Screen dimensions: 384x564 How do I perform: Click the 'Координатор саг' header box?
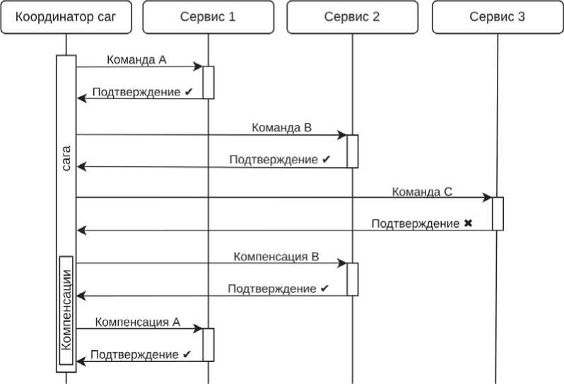click(x=66, y=17)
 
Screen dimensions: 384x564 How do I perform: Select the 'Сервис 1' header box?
click(x=208, y=17)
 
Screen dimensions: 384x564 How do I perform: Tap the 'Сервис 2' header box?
click(x=352, y=17)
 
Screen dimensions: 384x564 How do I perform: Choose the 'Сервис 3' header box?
click(x=497, y=17)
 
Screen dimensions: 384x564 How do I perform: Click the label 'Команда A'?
click(x=136, y=59)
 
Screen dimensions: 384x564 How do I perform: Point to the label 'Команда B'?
click(x=281, y=127)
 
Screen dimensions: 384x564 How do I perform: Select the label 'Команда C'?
click(x=423, y=191)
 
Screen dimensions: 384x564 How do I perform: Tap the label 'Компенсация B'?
click(x=276, y=257)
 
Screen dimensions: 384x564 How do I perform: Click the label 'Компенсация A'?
click(x=138, y=322)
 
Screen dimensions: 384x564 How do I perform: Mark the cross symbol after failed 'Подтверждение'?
click(x=468, y=224)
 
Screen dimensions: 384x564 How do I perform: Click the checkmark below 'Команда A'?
click(x=189, y=93)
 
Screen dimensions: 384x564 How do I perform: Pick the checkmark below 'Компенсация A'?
click(x=187, y=354)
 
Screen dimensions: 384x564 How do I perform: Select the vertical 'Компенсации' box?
click(x=66, y=310)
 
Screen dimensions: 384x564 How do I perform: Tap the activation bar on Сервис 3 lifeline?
click(x=498, y=214)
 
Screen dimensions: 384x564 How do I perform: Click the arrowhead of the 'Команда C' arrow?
click(x=487, y=198)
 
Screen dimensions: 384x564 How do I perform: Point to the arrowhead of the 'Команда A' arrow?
click(x=199, y=66)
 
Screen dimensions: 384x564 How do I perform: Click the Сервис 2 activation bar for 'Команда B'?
click(x=352, y=151)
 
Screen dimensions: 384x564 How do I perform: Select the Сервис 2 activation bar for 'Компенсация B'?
click(x=352, y=279)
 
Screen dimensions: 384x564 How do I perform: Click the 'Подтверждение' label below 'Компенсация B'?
click(x=271, y=289)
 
